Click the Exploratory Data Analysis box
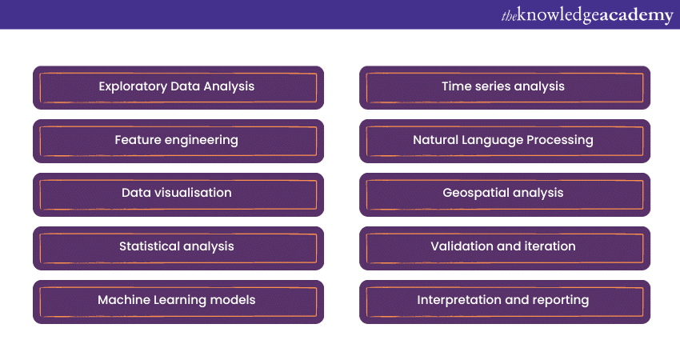coord(178,88)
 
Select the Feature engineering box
coord(178,141)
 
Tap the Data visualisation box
coord(178,194)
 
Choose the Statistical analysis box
coord(178,248)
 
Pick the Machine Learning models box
coord(178,302)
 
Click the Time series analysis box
coord(505,88)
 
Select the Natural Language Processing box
coord(505,141)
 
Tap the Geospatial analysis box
coord(505,194)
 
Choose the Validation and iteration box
coord(505,248)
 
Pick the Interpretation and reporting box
coord(505,302)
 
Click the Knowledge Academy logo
coord(587,15)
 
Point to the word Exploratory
coord(133,86)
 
